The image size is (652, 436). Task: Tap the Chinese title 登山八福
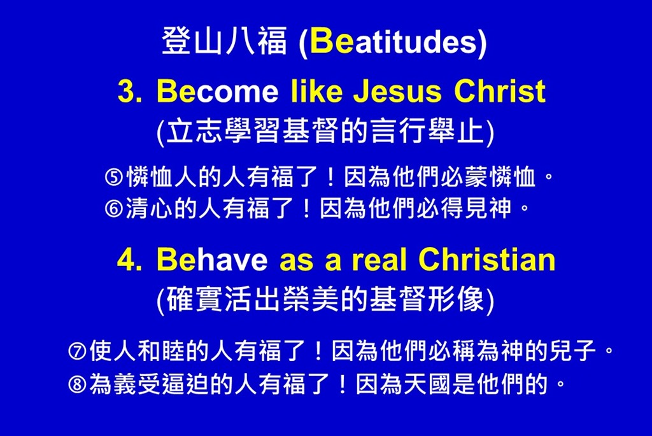[x=224, y=41]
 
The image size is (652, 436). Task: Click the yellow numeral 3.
[x=129, y=91]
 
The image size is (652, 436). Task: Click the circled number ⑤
[x=113, y=178]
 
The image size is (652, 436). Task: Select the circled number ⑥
[x=113, y=209]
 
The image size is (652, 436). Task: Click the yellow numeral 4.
[x=129, y=260]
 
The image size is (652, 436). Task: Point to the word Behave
[x=212, y=259]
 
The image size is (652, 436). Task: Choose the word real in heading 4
[x=379, y=259]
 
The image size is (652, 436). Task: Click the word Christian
[x=486, y=259]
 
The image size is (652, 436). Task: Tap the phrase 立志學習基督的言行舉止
[x=325, y=131]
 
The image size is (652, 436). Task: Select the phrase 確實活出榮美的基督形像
[x=325, y=299]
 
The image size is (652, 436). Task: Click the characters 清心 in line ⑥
[x=149, y=208]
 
